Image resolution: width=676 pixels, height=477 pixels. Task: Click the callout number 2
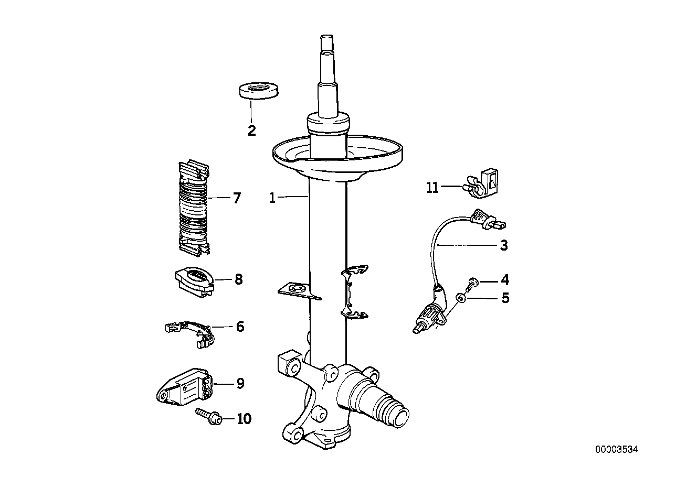[x=252, y=131]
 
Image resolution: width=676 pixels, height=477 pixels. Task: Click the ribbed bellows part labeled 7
[x=194, y=210]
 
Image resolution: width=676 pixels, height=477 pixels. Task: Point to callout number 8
[x=238, y=279]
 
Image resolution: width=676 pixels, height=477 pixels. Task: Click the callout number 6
[x=240, y=327]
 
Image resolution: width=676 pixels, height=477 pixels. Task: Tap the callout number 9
[x=240, y=384]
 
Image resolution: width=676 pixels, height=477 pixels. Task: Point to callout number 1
[x=272, y=198]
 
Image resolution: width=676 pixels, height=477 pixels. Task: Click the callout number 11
[x=432, y=187]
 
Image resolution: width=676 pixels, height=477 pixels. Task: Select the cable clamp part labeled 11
[x=480, y=183]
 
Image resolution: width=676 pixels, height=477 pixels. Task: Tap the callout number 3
[x=504, y=245]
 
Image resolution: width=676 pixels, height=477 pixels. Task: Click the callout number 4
[x=504, y=279]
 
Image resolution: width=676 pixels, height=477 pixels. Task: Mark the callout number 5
[x=505, y=298]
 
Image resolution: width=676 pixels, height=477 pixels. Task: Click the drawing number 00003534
[x=616, y=449]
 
